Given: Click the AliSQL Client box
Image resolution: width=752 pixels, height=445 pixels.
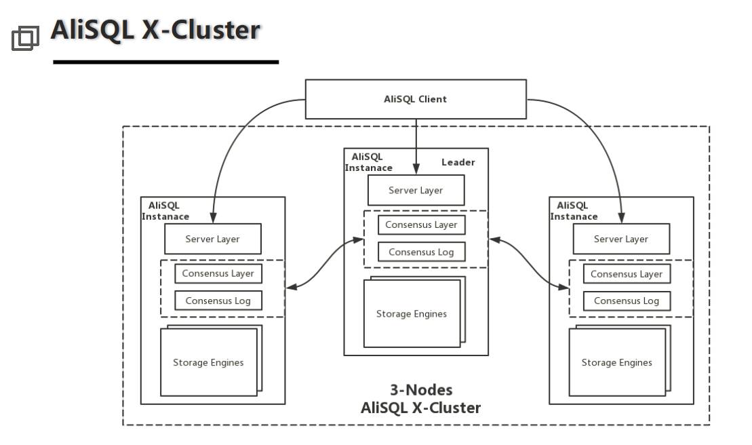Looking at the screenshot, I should (x=416, y=99).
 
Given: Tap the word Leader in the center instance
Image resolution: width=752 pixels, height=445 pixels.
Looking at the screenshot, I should (x=458, y=162).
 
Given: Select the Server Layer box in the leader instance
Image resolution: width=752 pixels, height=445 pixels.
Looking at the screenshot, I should (x=416, y=191).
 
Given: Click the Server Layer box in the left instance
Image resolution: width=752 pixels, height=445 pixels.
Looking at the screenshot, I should (x=212, y=239).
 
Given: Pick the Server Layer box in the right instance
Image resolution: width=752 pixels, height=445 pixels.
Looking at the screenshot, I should (x=621, y=239).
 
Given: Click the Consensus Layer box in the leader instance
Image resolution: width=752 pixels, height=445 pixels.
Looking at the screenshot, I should (x=421, y=225).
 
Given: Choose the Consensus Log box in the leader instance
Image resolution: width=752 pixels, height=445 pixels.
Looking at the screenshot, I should (x=421, y=252).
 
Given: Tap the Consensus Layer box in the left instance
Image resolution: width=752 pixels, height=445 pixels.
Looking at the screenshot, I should (x=218, y=273).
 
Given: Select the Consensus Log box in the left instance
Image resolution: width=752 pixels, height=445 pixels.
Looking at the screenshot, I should (x=218, y=301).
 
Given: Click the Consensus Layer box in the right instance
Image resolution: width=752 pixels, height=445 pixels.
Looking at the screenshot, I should (x=627, y=274).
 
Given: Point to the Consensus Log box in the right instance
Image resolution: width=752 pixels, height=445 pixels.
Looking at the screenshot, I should (x=627, y=301).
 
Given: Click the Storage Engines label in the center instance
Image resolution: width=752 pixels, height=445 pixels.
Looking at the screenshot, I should (x=412, y=314).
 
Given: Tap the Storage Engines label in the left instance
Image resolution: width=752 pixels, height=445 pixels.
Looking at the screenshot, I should (x=208, y=363).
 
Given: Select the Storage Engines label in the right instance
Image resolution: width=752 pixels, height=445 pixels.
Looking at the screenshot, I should (x=616, y=363).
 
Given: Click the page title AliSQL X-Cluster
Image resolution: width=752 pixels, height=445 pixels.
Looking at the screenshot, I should (x=155, y=31).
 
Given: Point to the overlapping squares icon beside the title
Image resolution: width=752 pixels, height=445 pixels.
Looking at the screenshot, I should (x=25, y=38).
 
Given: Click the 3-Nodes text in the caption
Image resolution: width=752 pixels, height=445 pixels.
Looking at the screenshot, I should (x=421, y=390).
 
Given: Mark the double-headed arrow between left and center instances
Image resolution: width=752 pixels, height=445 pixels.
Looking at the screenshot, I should (x=324, y=264).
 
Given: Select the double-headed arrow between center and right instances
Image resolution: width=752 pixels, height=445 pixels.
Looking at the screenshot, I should (x=529, y=264).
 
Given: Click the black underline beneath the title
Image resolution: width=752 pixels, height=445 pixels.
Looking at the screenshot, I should (x=165, y=62).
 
